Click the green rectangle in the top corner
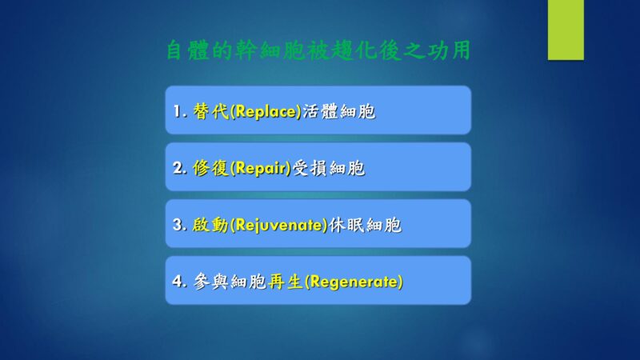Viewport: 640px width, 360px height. pos(566,30)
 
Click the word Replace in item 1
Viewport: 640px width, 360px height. pos(266,111)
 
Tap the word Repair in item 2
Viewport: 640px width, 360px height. pos(261,168)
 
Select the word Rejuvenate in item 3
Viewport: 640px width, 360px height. pos(279,225)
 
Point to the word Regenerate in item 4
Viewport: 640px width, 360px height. pos(354,282)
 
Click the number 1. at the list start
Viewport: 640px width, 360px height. pos(180,111)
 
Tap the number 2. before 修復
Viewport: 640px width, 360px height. pos(180,168)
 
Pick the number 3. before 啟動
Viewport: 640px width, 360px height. pos(180,225)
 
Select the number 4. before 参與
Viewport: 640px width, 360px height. pos(180,282)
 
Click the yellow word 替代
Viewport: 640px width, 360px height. pos(211,111)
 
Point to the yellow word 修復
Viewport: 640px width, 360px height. pos(211,168)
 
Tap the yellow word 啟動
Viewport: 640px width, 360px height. pos(211,225)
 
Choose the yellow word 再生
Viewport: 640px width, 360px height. pos(286,282)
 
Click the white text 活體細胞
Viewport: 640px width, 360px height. pos(338,111)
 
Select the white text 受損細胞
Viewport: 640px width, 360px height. pos(329,168)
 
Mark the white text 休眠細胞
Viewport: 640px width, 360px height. pos(366,225)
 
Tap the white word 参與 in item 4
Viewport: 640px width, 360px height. pos(210,282)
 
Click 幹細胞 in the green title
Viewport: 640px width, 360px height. pos(270,50)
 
